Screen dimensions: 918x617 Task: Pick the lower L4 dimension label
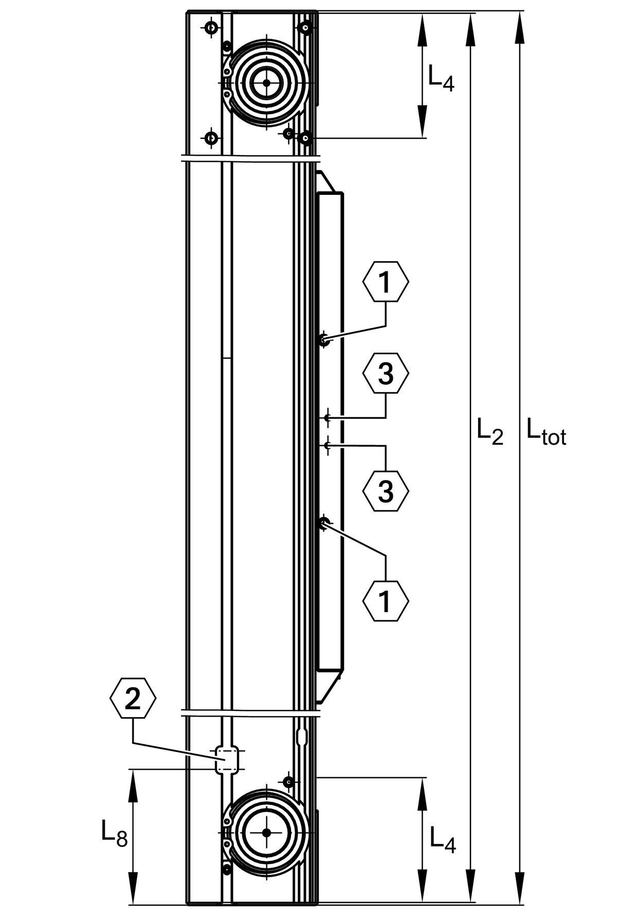pos(443,839)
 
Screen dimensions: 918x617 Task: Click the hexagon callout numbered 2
pos(133,699)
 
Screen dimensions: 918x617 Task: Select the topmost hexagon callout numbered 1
pos(386,282)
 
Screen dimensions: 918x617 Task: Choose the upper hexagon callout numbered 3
pos(386,374)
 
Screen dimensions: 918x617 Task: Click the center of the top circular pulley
pos(266,82)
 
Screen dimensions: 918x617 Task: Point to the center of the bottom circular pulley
pos(266,832)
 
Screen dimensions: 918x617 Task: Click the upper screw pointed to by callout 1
pos(323,340)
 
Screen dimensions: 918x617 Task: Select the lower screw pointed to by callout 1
pos(323,524)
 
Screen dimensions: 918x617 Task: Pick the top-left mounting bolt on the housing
pos(211,28)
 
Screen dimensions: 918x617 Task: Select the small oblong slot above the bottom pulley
pos(302,737)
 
